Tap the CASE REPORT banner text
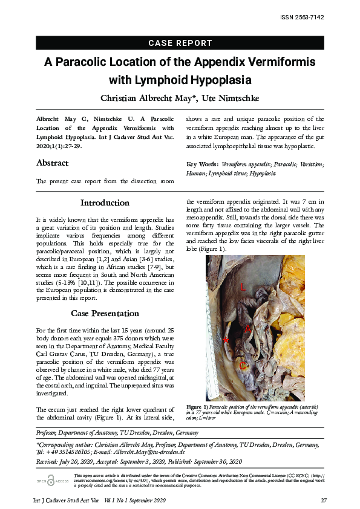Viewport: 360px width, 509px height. pyautogui.click(x=180, y=43)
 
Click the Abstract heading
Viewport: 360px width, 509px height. pyautogui.click(x=53, y=163)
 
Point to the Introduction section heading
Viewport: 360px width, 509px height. pyautogui.click(x=105, y=203)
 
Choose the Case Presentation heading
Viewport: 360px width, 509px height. pyautogui.click(x=105, y=313)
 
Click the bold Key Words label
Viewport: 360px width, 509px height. pyautogui.click(x=202, y=164)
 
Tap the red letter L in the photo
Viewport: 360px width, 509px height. pyautogui.click(x=243, y=288)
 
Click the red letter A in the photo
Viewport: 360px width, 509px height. pyautogui.click(x=247, y=328)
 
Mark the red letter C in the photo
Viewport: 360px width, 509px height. pyautogui.click(x=242, y=365)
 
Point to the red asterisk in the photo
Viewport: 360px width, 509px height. pyautogui.click(x=226, y=341)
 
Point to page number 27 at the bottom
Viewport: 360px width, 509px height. pyautogui.click(x=324, y=501)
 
